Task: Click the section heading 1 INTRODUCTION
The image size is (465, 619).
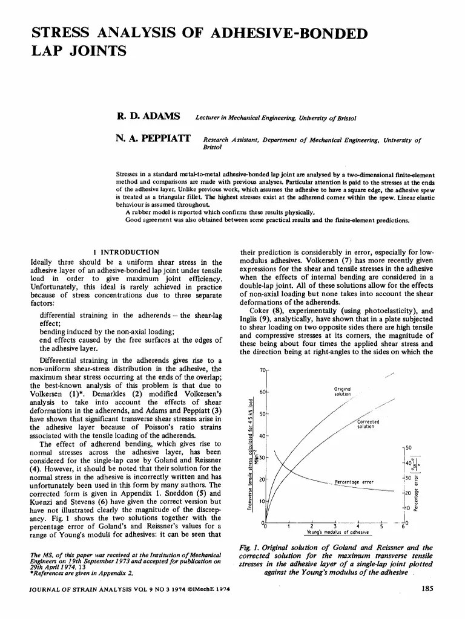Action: (x=127, y=251)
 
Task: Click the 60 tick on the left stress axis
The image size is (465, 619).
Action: (x=262, y=392)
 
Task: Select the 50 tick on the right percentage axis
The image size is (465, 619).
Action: (x=409, y=447)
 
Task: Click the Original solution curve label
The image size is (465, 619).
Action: (x=343, y=391)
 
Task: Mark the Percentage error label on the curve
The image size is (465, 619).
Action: (x=354, y=482)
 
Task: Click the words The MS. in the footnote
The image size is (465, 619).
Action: (x=41, y=554)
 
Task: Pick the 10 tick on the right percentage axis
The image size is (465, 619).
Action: (x=409, y=507)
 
